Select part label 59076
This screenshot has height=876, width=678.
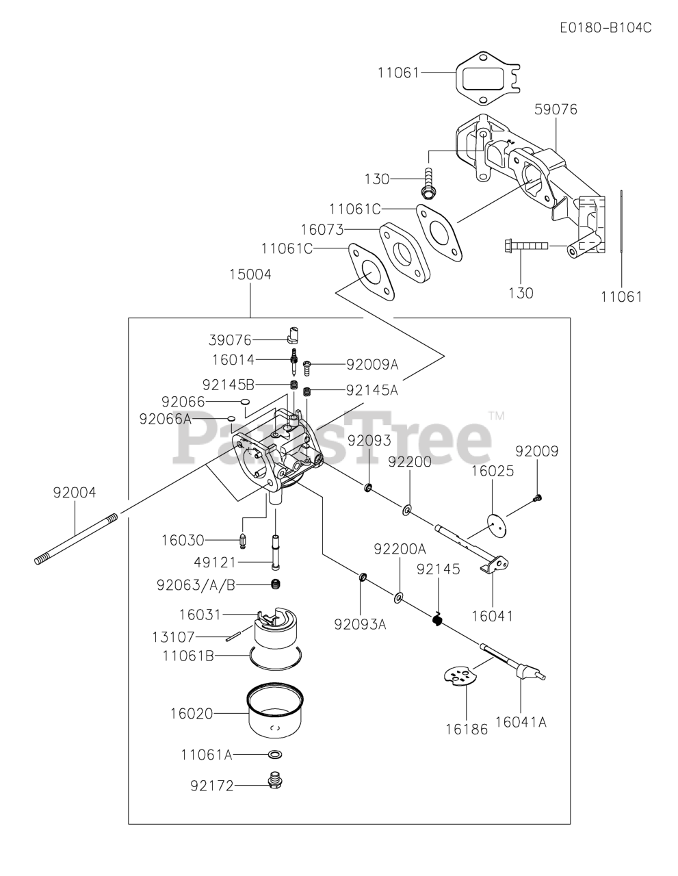pos(555,109)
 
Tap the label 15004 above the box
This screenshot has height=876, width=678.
pos(250,274)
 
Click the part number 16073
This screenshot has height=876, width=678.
pos(322,229)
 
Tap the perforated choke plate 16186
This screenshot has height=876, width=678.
pos(459,676)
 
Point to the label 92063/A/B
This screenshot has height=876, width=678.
pos(196,584)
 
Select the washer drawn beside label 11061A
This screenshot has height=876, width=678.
pos(276,754)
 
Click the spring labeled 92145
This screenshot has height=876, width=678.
pos(436,619)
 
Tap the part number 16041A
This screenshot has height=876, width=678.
pos(521,721)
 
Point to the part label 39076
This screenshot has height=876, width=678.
pos(231,340)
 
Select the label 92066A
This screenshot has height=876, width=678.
pos(164,419)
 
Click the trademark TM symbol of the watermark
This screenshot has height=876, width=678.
pos(497,415)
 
